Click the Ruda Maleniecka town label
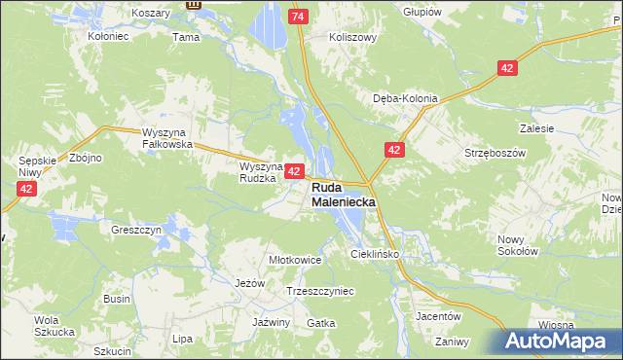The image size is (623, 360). click(x=343, y=195)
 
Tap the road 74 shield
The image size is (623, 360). click(x=299, y=18)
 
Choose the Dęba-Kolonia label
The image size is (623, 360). click(x=406, y=98)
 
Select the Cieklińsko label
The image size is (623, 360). click(x=376, y=254)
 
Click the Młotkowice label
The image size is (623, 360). click(x=294, y=261)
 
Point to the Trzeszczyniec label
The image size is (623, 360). click(x=319, y=291)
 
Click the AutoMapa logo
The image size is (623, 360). click(x=562, y=342)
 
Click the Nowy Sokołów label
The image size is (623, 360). click(x=517, y=245)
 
